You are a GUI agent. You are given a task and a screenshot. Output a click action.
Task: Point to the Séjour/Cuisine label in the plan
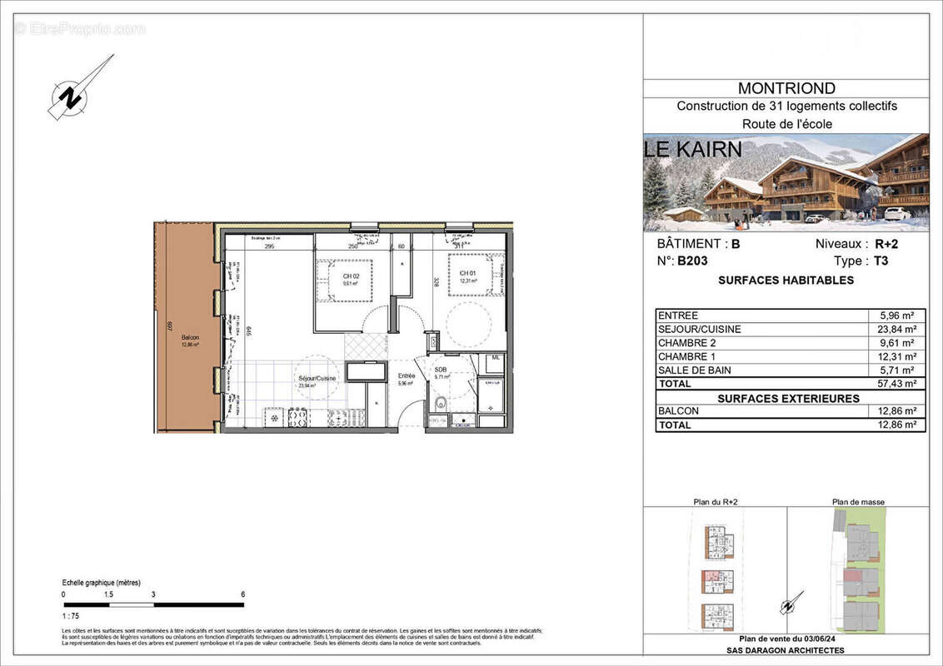pyautogui.click(x=317, y=379)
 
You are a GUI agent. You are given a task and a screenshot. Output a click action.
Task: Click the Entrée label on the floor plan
pyautogui.click(x=406, y=376)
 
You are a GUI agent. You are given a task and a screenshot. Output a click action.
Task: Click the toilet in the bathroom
pyautogui.click(x=441, y=406)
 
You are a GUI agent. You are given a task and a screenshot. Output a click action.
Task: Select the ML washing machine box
pyautogui.click(x=494, y=358)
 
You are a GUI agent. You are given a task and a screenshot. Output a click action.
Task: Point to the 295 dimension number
pyautogui.click(x=269, y=246)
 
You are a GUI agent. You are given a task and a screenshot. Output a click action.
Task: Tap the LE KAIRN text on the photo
pyautogui.click(x=692, y=151)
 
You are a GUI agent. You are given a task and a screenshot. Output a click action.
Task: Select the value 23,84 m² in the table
pyautogui.click(x=898, y=329)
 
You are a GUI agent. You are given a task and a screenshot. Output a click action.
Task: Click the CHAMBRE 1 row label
pyautogui.click(x=688, y=356)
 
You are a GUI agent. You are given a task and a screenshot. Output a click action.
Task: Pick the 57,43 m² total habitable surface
pyautogui.click(x=898, y=384)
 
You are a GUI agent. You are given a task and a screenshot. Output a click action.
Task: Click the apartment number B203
pyautogui.click(x=692, y=261)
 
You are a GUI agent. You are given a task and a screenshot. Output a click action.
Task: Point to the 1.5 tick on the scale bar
pyautogui.click(x=108, y=595)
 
